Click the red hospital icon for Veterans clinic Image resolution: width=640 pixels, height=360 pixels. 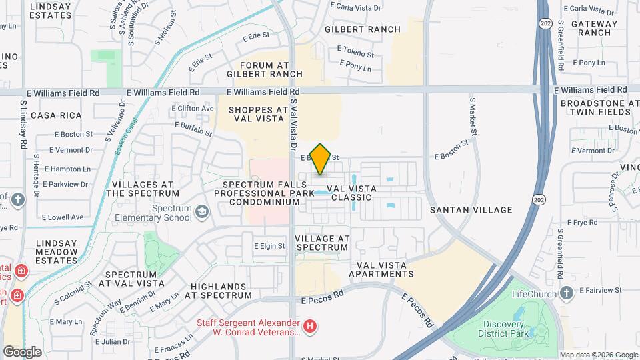(309, 327)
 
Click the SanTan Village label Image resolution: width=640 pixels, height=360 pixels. (471, 210)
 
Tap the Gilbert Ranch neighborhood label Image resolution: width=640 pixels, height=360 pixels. (363, 29)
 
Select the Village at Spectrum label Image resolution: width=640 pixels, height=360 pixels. (321, 243)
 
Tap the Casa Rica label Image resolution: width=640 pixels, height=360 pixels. (51, 115)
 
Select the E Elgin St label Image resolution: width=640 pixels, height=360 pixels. (269, 246)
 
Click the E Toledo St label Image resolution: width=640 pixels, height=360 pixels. (355, 49)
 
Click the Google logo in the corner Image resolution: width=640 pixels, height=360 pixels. (22, 351)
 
